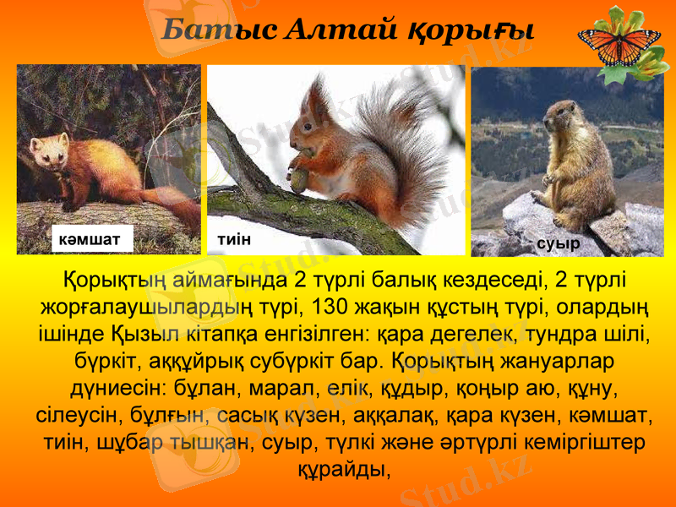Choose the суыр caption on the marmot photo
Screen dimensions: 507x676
point(559,243)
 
